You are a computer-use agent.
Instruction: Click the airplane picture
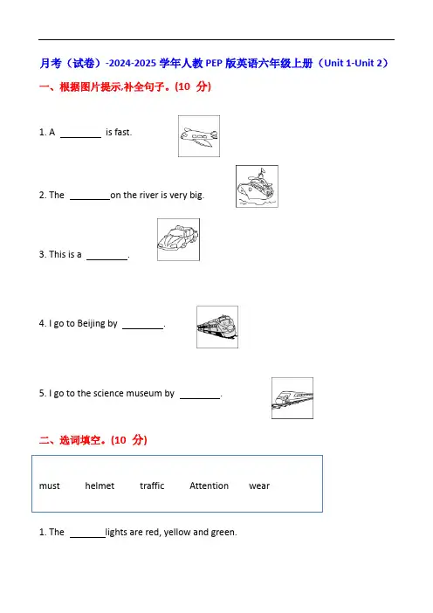(199, 136)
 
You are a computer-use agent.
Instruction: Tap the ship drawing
(257, 186)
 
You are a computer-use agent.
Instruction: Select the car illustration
(178, 239)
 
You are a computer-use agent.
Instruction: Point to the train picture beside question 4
(217, 327)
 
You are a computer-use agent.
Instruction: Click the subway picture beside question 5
(292, 398)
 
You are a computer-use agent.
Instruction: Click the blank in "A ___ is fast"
(80, 137)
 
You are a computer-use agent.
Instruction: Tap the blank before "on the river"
(90, 199)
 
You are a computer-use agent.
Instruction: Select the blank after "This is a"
(107, 258)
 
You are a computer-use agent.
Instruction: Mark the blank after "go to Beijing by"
(142, 328)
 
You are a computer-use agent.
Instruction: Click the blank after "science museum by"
(200, 398)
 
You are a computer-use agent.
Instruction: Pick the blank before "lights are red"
(87, 537)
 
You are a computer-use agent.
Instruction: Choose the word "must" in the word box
(50, 486)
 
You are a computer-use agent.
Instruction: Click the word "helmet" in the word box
(100, 486)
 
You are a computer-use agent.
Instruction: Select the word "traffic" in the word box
(152, 486)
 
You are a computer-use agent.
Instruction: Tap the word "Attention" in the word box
(209, 486)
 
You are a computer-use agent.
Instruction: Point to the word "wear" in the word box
(259, 486)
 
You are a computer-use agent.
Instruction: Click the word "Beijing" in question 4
(92, 324)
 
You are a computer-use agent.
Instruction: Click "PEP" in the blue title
(214, 64)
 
